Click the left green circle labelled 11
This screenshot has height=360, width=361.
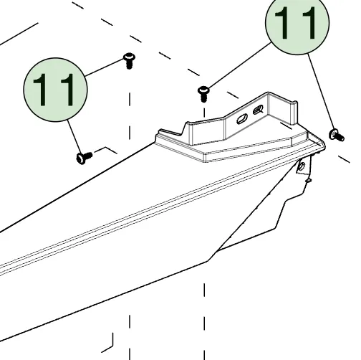(x=55, y=90)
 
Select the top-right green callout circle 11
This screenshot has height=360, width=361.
(x=297, y=23)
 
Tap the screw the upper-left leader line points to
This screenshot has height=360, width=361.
(x=129, y=60)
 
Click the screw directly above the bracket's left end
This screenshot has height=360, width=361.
(x=203, y=94)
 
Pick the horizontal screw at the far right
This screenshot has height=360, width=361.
(x=337, y=136)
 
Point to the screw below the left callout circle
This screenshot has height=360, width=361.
(x=84, y=158)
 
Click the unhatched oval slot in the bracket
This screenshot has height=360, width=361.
(x=242, y=119)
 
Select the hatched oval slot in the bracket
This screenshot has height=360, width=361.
(x=258, y=110)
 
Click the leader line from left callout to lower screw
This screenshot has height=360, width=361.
(x=74, y=137)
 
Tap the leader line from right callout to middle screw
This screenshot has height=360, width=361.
(x=239, y=65)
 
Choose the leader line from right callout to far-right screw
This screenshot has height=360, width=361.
(x=321, y=92)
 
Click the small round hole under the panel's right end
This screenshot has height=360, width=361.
(x=302, y=165)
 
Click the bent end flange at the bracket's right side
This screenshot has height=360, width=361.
(x=294, y=113)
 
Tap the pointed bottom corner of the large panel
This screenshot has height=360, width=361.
(x=207, y=262)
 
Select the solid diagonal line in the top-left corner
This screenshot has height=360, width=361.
(x=19, y=34)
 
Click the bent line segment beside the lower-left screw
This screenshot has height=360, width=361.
(x=106, y=150)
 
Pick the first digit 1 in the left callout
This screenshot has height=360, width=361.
(x=40, y=90)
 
